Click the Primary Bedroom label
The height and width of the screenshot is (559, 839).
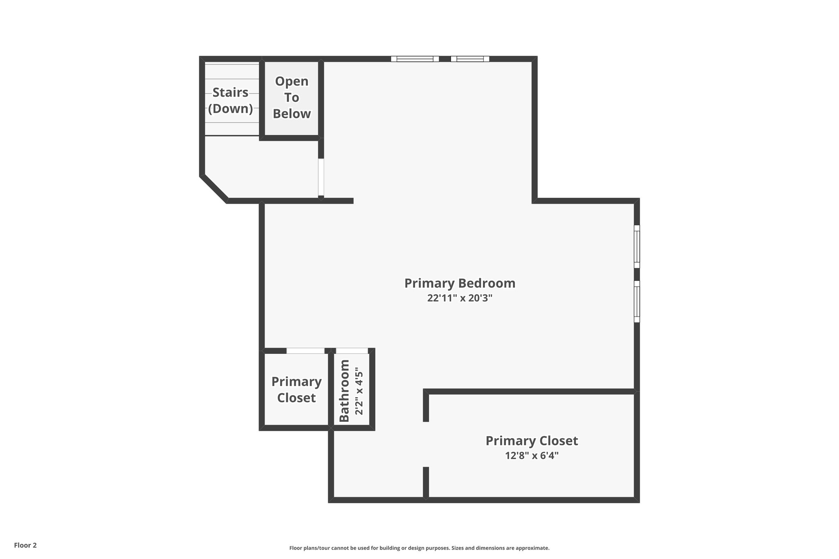click(x=459, y=283)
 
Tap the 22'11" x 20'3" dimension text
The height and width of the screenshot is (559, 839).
click(x=459, y=298)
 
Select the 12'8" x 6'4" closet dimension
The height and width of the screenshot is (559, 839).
click(x=531, y=455)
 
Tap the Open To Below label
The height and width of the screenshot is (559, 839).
click(x=292, y=97)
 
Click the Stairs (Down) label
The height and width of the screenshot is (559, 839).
click(x=230, y=100)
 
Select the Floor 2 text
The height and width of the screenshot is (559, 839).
click(x=25, y=545)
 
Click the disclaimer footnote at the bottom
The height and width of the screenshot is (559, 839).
click(x=419, y=548)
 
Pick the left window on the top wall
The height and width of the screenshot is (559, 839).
click(x=415, y=59)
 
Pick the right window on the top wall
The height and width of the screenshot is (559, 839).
click(x=470, y=59)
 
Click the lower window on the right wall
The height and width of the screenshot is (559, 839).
click(x=637, y=301)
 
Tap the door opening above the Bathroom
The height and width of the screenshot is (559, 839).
click(x=351, y=351)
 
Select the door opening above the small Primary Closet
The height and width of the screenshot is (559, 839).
click(x=305, y=351)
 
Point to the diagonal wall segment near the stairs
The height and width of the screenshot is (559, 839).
click(x=214, y=188)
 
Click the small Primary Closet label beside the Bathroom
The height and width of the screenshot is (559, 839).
click(x=296, y=389)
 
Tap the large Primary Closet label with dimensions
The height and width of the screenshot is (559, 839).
click(x=531, y=441)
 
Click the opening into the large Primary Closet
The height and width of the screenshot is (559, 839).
click(x=426, y=444)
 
